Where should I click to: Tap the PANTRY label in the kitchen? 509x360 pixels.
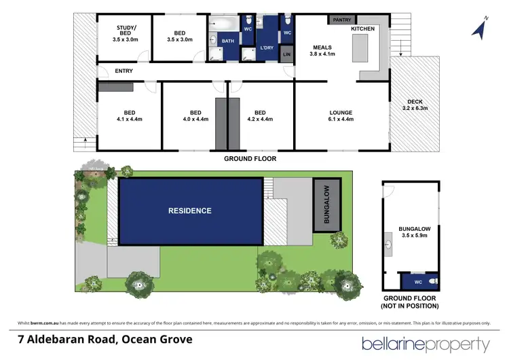click(x=341, y=20)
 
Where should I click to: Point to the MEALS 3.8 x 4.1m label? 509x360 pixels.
click(x=323, y=50)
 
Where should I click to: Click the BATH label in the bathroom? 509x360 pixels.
click(x=227, y=41)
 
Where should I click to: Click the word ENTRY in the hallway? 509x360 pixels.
click(x=124, y=71)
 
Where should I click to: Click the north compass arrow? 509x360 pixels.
click(x=480, y=29)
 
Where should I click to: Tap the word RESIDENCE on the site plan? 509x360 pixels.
click(x=190, y=211)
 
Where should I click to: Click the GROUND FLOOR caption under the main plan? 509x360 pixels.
click(x=250, y=158)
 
